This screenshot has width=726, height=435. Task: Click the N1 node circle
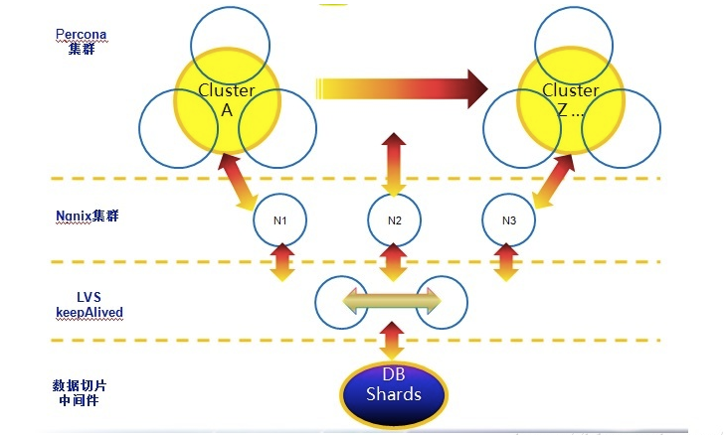[279, 217]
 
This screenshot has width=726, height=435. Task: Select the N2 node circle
[394, 217]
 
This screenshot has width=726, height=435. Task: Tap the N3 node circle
[508, 217]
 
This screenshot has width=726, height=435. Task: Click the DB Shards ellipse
[394, 394]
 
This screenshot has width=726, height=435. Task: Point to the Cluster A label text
[227, 100]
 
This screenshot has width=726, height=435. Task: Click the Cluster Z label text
[570, 100]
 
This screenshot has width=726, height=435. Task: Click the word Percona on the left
[81, 34]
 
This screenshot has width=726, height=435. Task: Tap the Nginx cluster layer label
[88, 215]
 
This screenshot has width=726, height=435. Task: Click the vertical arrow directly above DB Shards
[392, 342]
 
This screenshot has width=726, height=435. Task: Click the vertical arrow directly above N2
[394, 163]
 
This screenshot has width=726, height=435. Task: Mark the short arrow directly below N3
[508, 262]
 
